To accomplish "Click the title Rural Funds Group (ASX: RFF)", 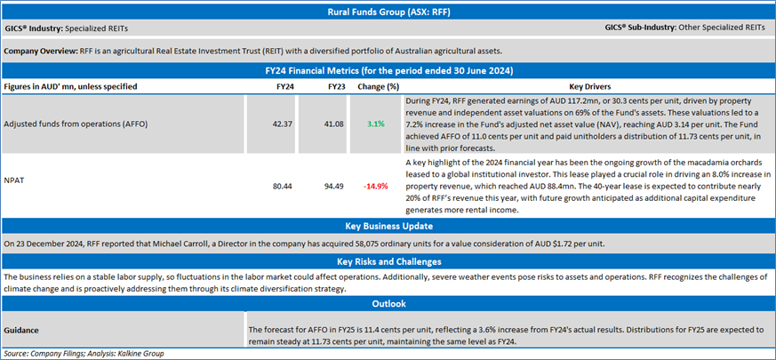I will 388,12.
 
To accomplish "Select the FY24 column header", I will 285,86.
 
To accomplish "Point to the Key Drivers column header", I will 588,86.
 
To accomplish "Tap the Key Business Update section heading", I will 388,227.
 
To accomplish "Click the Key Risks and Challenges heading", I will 388,261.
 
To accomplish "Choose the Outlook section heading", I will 388,304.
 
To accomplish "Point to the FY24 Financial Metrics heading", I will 388,69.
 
